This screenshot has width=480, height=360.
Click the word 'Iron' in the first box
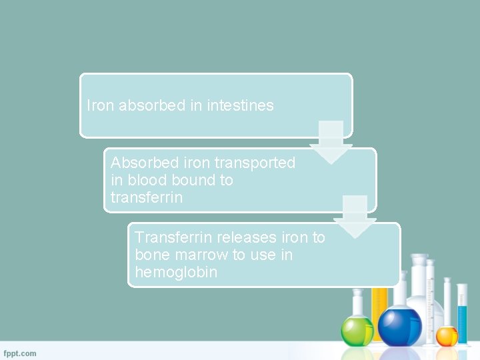[101, 105]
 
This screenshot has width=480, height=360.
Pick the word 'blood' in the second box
[147, 180]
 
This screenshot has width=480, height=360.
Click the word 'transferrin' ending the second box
[147, 197]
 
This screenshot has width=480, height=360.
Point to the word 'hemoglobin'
[176, 272]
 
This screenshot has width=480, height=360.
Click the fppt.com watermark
[20, 353]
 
